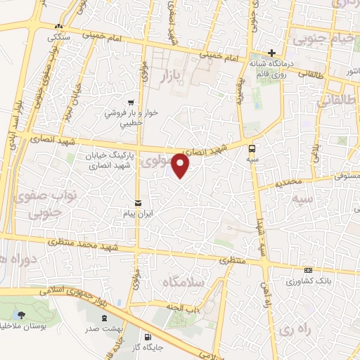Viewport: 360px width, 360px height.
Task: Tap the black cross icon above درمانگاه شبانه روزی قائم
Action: point(273,53)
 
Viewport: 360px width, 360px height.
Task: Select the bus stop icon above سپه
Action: point(252,148)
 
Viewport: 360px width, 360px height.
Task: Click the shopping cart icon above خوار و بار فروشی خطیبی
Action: point(130,101)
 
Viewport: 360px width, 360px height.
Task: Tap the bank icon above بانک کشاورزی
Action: point(307,270)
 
